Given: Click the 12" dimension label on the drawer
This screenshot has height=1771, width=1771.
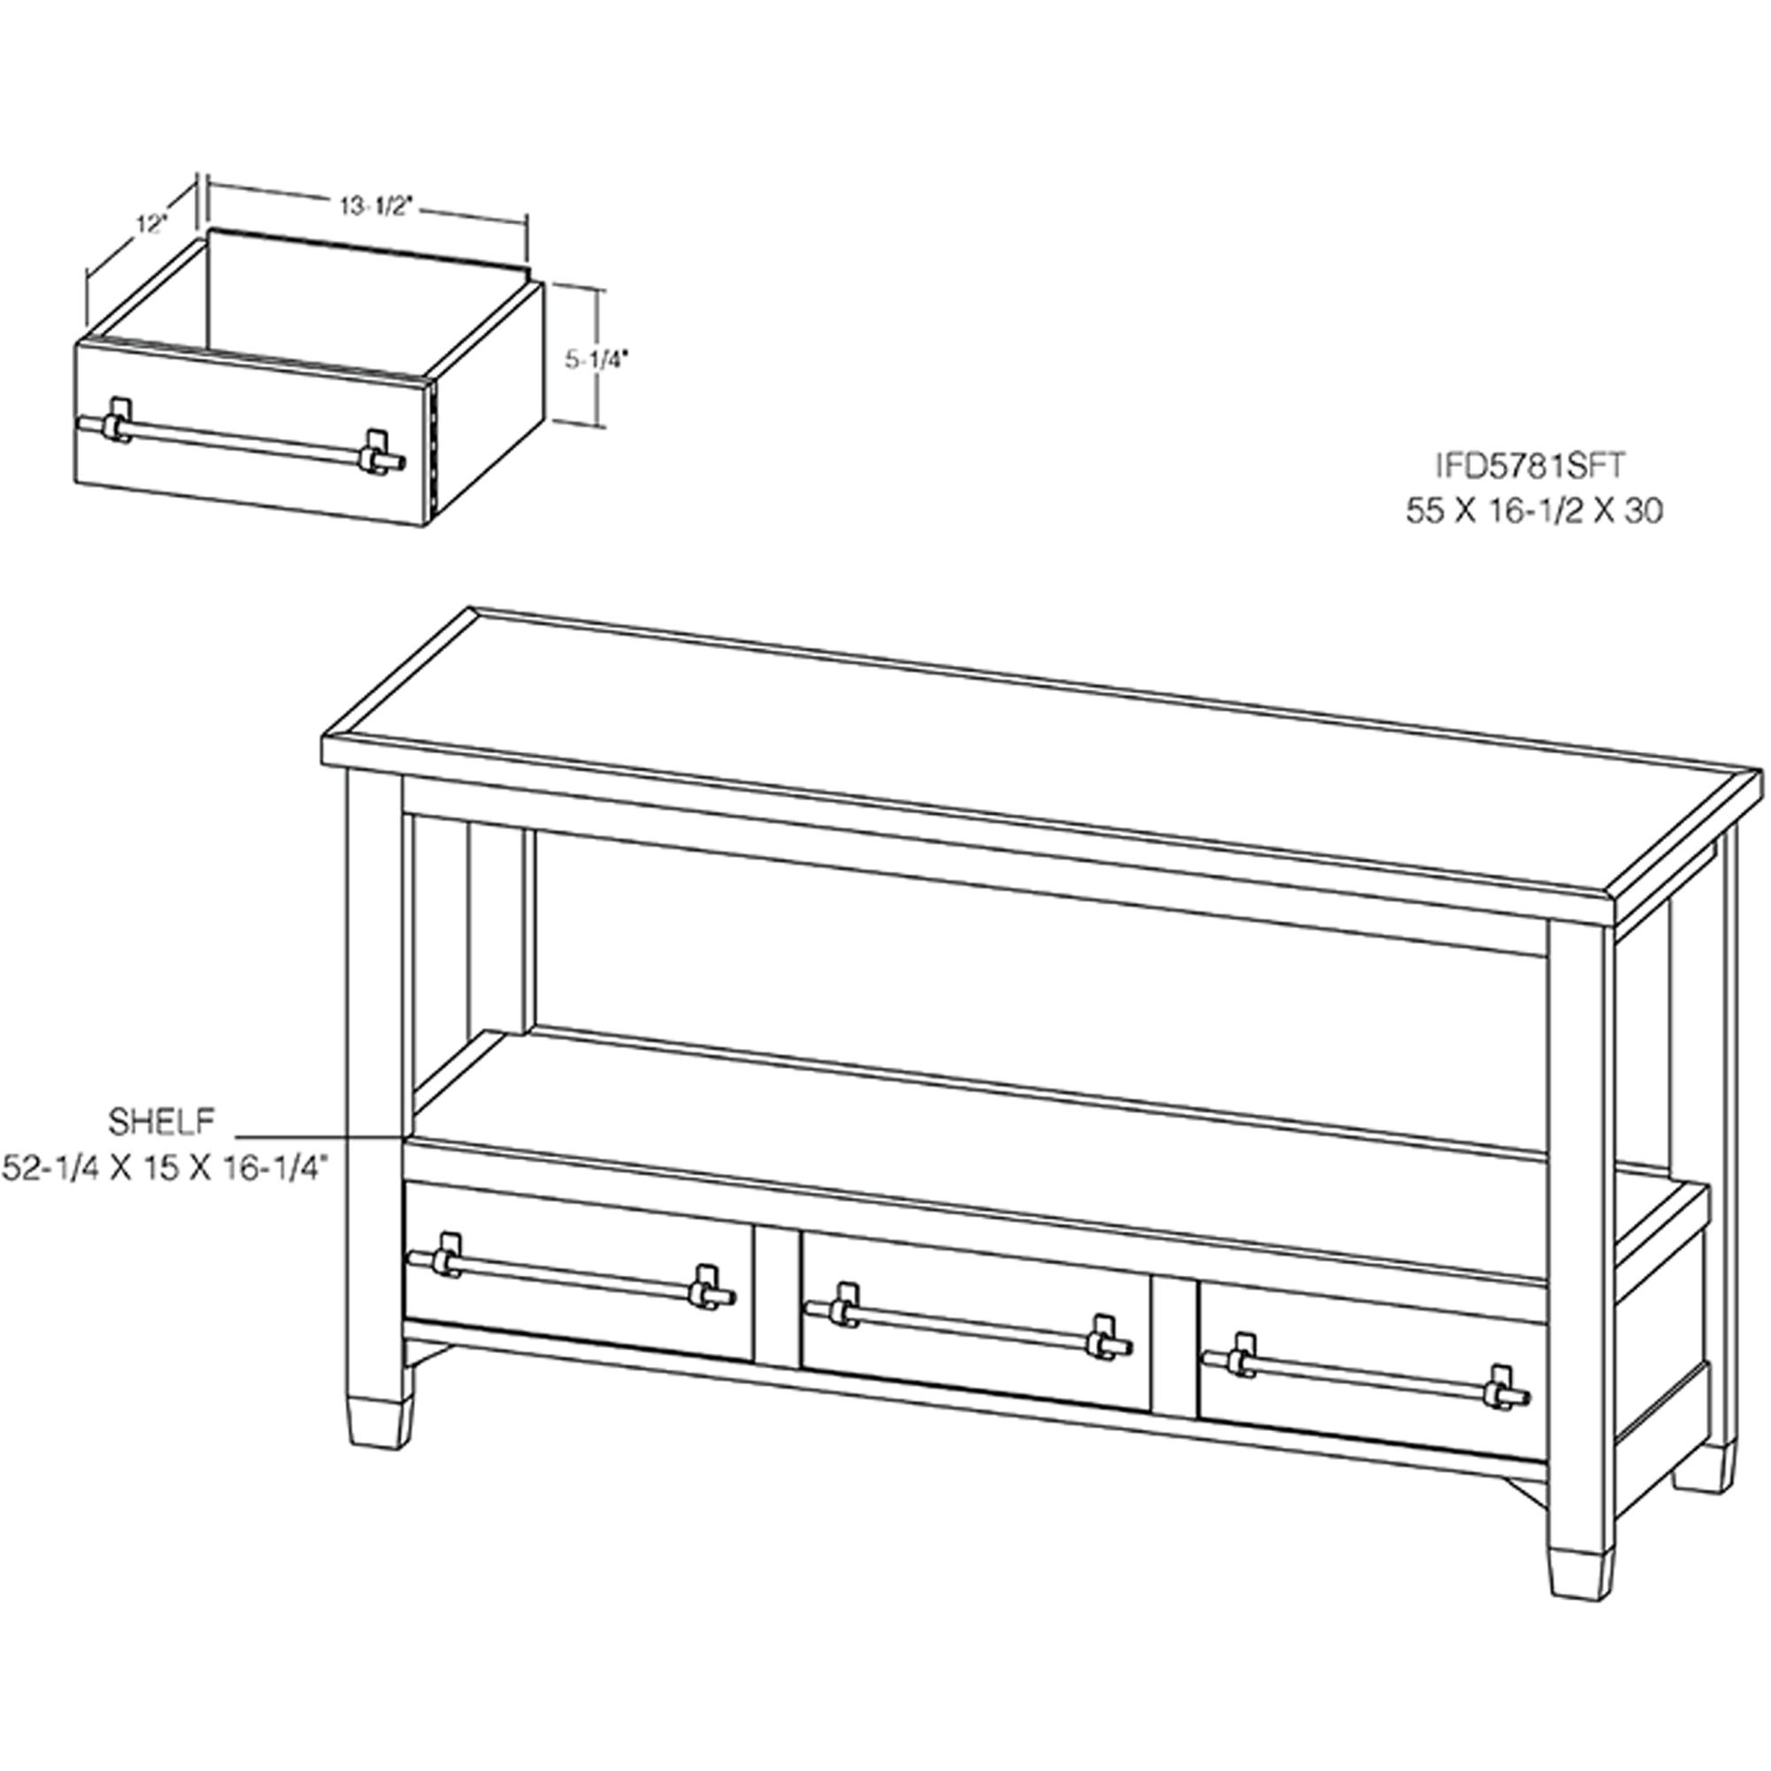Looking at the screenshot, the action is pyautogui.click(x=151, y=223).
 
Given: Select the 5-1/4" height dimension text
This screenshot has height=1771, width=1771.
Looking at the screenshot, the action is pyautogui.click(x=594, y=360).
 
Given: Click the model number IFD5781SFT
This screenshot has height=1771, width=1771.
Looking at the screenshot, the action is pyautogui.click(x=1530, y=466).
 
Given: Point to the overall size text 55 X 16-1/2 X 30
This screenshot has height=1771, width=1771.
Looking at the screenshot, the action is pyautogui.click(x=1535, y=511).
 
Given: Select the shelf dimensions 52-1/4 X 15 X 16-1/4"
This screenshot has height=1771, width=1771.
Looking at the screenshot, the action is pyautogui.click(x=166, y=1168).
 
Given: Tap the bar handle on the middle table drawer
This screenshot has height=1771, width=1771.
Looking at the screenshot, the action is pyautogui.click(x=967, y=1321).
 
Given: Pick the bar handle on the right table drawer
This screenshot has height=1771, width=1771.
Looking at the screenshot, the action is pyautogui.click(x=1365, y=1371).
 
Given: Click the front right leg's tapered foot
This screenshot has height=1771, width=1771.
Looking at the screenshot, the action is pyautogui.click(x=1580, y=1574).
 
